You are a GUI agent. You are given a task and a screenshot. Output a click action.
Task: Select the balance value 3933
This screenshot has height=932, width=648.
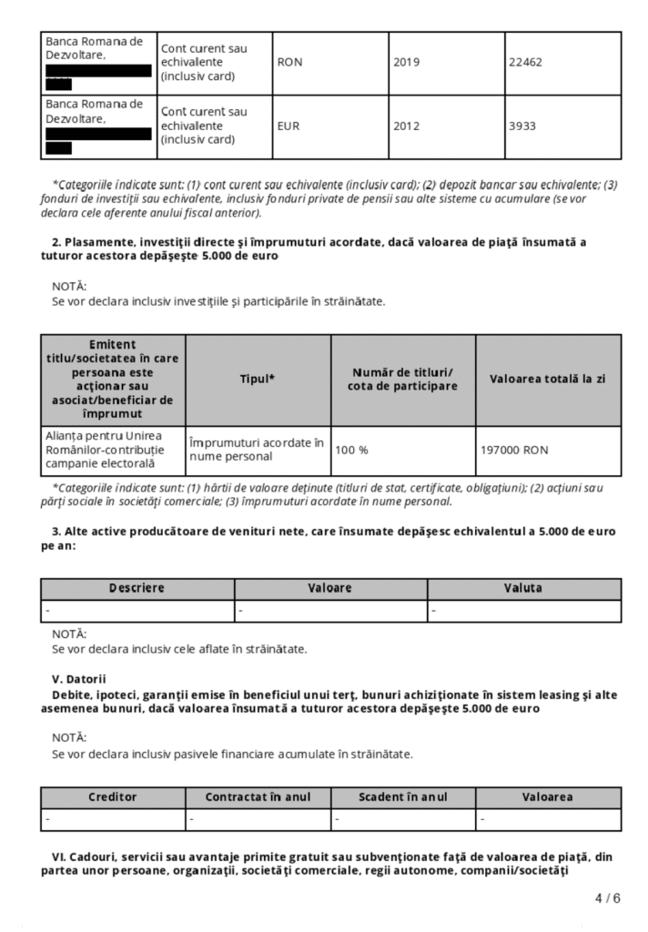click(523, 127)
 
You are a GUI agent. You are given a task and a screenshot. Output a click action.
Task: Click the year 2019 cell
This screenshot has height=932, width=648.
click(408, 64)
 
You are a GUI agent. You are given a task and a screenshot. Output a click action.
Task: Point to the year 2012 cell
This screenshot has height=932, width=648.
click(408, 127)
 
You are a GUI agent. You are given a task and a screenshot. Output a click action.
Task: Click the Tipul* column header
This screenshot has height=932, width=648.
click(258, 379)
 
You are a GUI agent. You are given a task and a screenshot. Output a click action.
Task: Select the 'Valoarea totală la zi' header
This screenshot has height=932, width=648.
click(548, 379)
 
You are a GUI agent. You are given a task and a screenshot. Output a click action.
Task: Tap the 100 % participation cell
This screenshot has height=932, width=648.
click(352, 450)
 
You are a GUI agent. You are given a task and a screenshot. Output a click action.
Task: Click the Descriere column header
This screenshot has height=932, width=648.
click(137, 588)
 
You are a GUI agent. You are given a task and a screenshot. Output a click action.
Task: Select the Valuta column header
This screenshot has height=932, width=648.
click(523, 588)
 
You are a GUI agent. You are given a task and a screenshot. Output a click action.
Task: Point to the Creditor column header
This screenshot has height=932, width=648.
click(113, 797)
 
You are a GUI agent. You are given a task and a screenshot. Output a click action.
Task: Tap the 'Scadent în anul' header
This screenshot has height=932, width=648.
click(402, 797)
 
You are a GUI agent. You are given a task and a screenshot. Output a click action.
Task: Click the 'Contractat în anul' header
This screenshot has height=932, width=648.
click(258, 797)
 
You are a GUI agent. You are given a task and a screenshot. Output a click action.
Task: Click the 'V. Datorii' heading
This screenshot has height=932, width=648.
click(79, 679)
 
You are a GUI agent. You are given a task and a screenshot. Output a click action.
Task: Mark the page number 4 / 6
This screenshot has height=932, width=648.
click(607, 899)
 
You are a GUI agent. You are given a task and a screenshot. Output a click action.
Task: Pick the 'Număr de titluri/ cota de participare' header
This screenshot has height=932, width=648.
click(402, 379)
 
